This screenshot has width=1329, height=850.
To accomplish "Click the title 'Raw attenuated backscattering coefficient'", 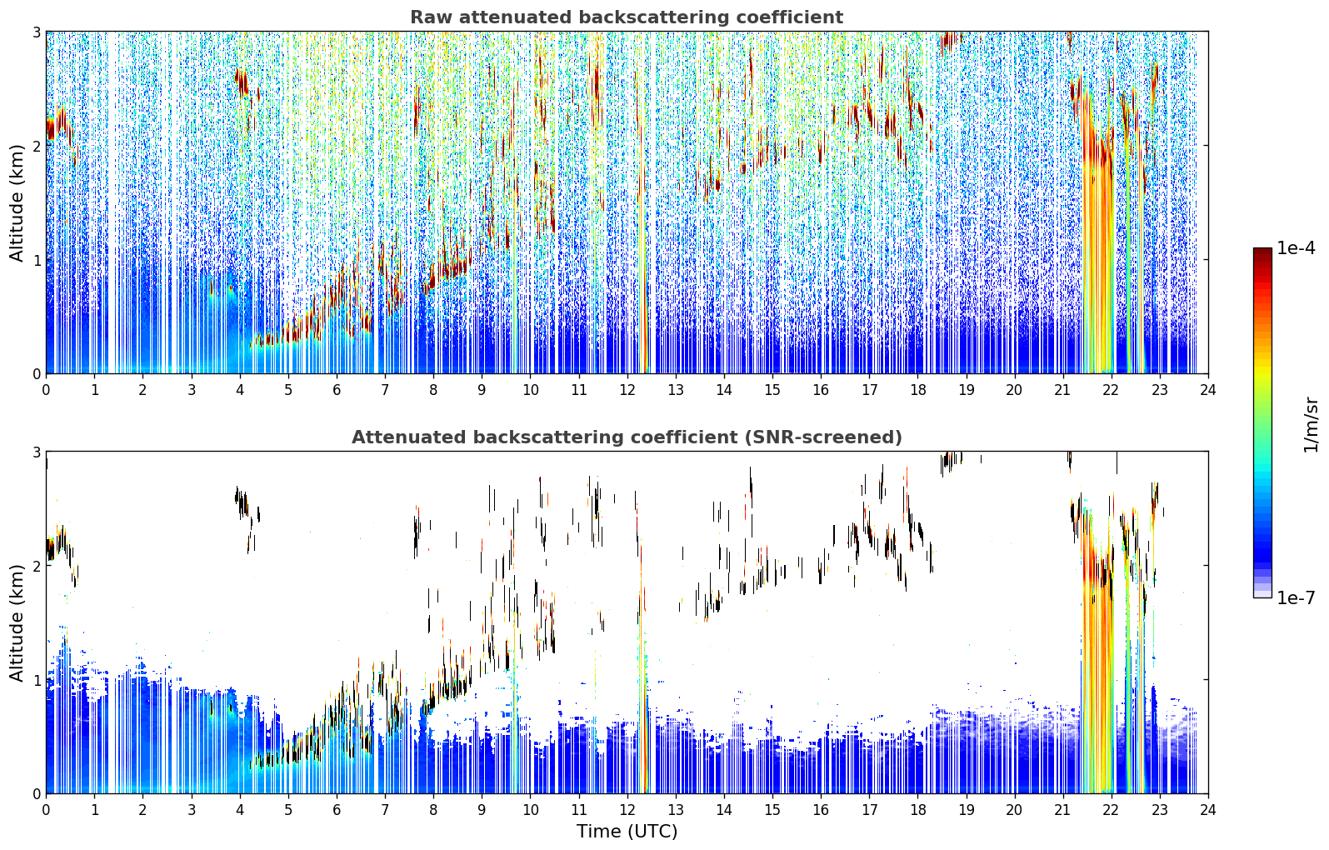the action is tap(627, 17).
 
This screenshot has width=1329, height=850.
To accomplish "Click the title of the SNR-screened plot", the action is tap(627, 437).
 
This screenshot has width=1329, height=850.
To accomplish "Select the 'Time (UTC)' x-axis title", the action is tap(627, 831).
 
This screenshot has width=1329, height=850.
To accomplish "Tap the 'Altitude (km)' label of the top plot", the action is tap(17, 203).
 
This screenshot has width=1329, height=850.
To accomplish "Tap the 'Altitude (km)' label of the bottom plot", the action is tap(17, 622).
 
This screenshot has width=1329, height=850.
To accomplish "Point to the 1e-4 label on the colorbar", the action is tap(1296, 248).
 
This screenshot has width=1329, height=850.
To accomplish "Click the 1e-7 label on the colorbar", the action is tap(1296, 597).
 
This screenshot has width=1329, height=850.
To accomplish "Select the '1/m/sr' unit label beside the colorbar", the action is tap(1312, 426).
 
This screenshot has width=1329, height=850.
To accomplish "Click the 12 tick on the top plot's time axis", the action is tap(627, 389).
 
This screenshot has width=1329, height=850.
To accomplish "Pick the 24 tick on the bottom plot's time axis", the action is tap(1208, 809).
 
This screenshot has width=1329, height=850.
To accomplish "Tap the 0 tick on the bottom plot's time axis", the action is tap(47, 809).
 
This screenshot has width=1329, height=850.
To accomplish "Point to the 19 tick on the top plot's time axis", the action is tap(967, 389).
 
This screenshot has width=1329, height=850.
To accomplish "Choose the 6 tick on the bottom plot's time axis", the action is tap(337, 809).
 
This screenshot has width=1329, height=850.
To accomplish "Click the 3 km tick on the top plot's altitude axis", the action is tap(36, 32).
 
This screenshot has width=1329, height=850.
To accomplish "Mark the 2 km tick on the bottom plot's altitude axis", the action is tap(36, 567).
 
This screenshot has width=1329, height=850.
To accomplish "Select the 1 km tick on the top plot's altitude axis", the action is tap(36, 260).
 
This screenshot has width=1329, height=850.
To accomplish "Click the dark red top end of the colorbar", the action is tap(1262, 251).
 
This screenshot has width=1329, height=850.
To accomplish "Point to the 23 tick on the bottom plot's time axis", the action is tap(1160, 809).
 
